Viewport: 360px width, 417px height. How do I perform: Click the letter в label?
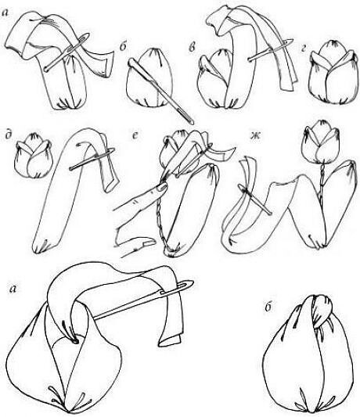pyautogui.click(x=192, y=49)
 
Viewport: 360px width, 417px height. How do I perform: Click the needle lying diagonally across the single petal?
pyautogui.click(x=160, y=92)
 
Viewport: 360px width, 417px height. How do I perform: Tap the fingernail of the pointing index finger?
pyautogui.click(x=161, y=188)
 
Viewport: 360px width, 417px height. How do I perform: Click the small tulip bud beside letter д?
pyautogui.click(x=34, y=156)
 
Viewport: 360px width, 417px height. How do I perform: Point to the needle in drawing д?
pyautogui.click(x=92, y=159)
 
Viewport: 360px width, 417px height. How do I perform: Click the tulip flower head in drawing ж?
pyautogui.click(x=322, y=142)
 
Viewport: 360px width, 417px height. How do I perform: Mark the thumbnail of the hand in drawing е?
pyautogui.click(x=149, y=243)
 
